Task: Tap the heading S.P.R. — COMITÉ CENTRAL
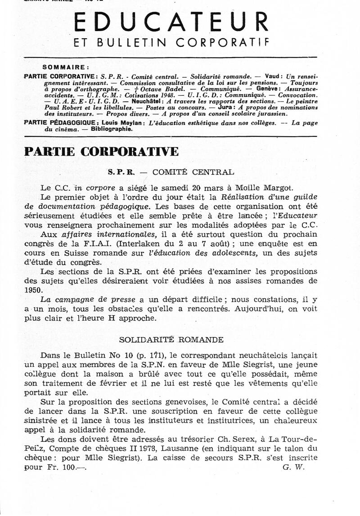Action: (x=171, y=172)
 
